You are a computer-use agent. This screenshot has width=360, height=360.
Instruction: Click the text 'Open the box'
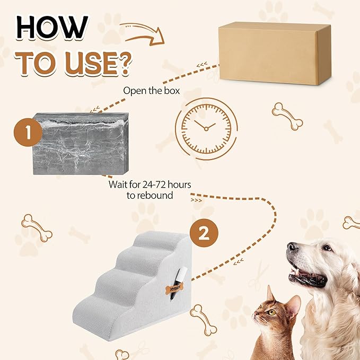coord(152,90)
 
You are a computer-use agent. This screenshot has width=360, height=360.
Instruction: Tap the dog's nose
coord(292,248)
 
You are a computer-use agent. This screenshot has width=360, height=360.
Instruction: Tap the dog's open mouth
coord(308,276)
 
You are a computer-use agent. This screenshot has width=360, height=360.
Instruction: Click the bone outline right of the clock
coord(287,116)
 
